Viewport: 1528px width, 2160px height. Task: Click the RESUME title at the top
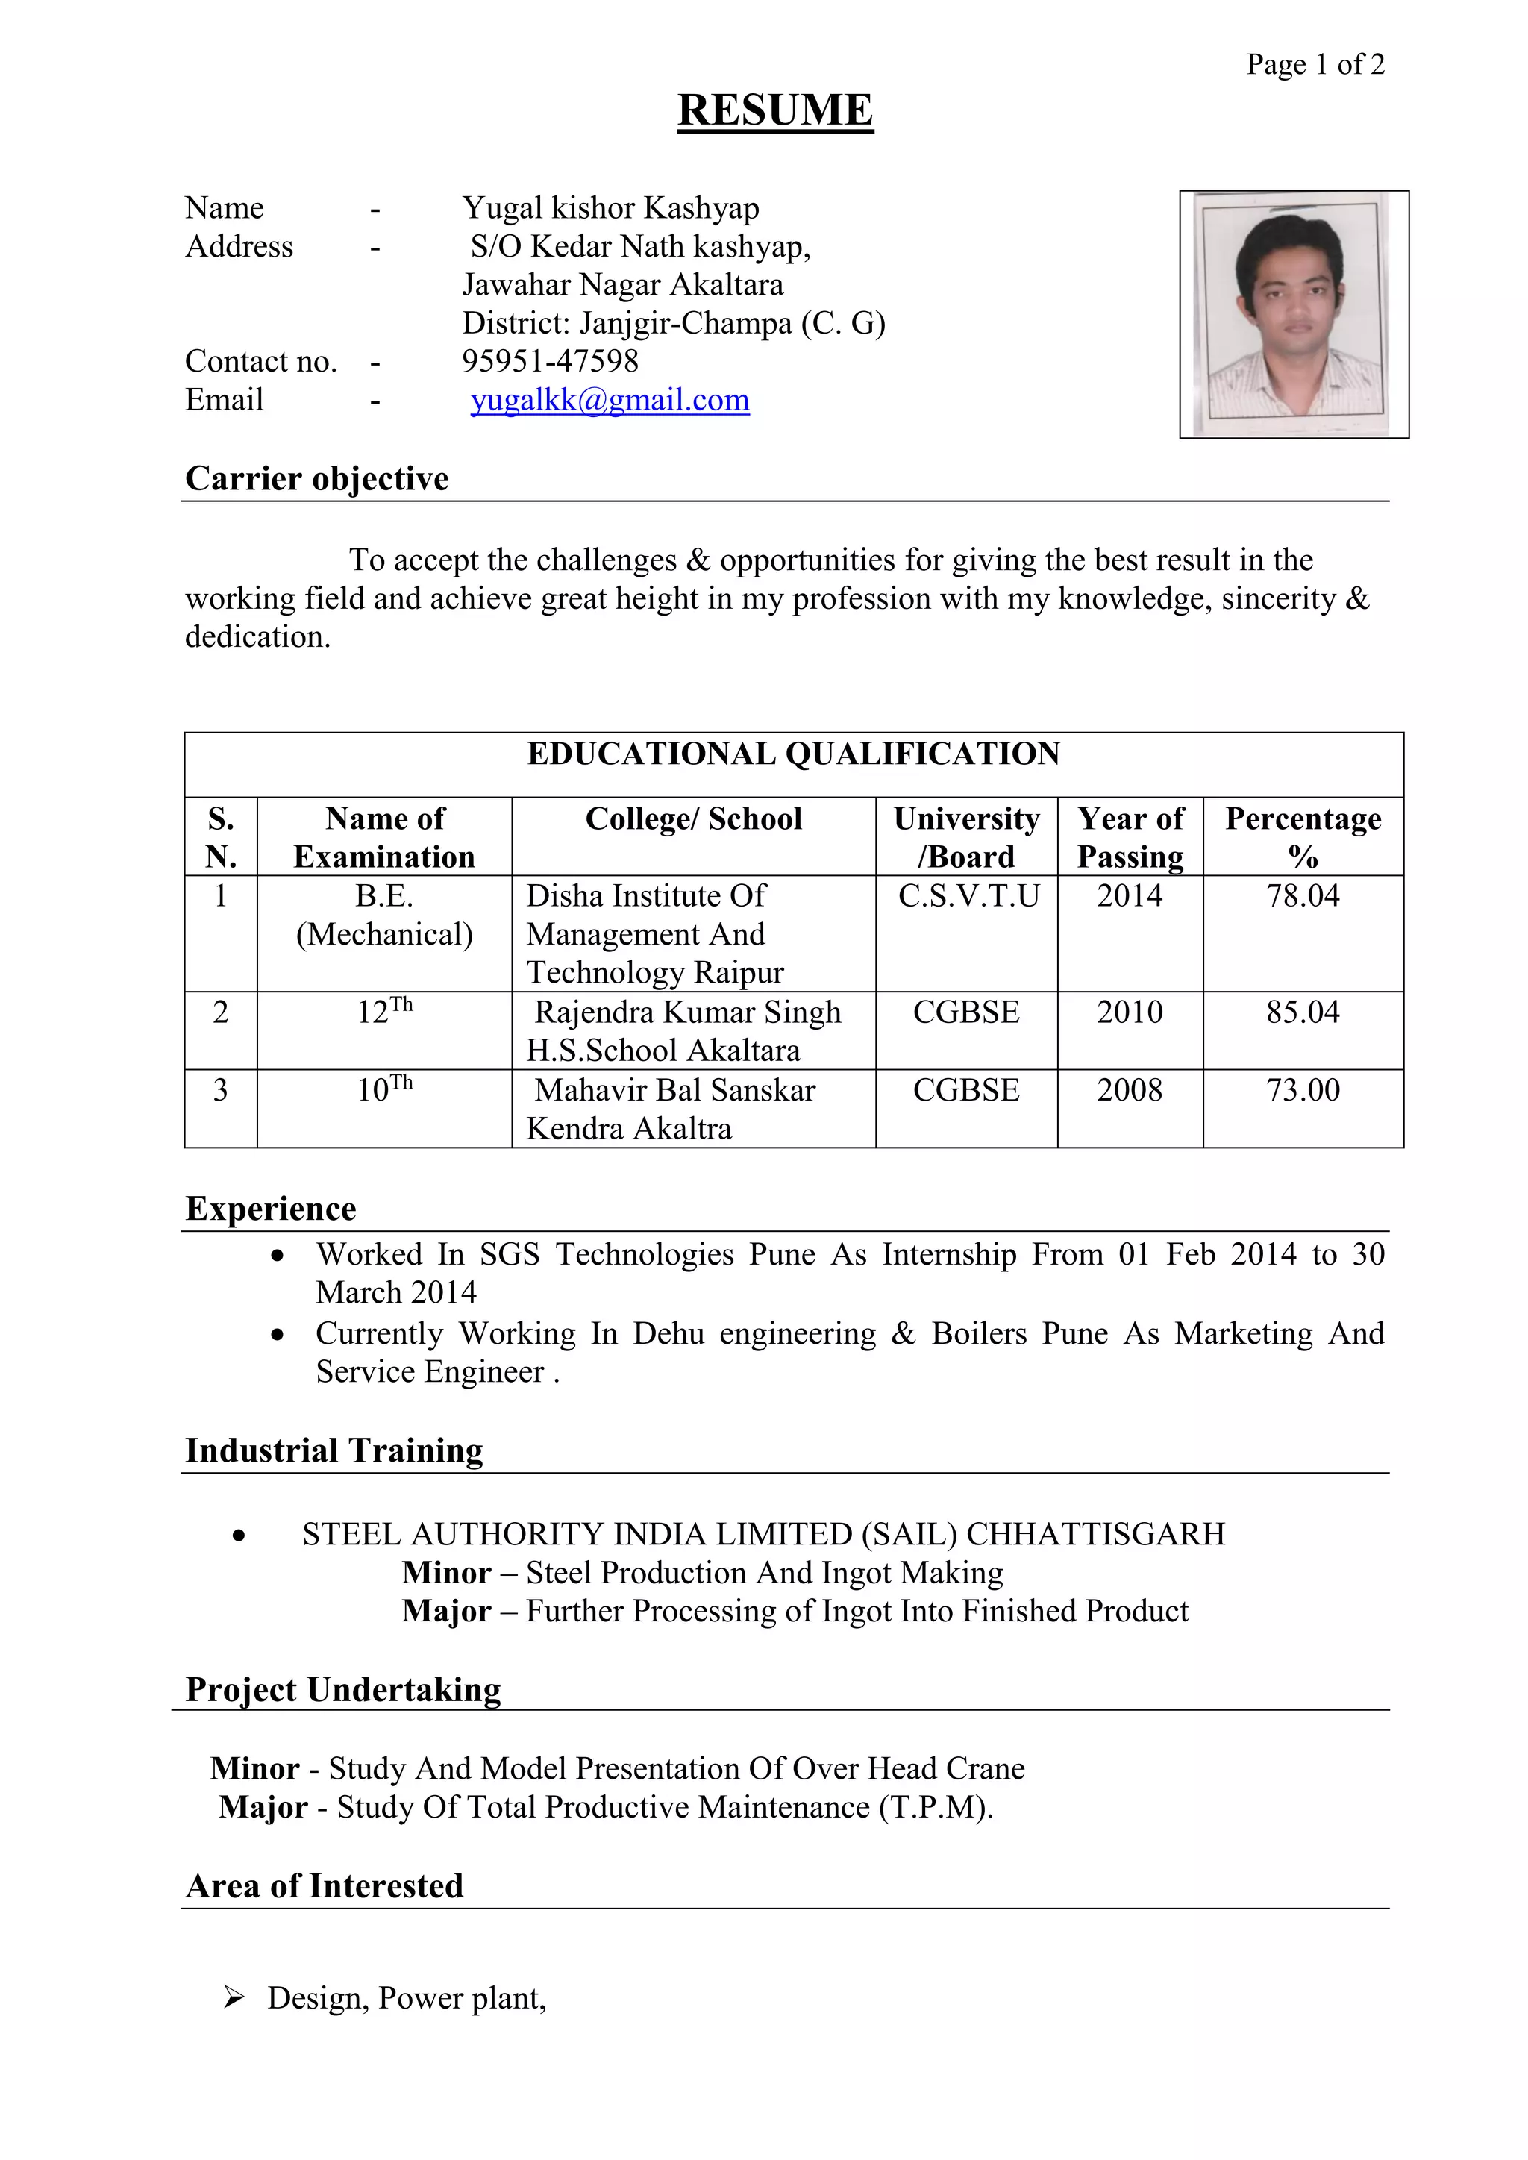pyautogui.click(x=774, y=110)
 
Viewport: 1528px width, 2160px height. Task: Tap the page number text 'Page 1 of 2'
pyautogui.click(x=1315, y=64)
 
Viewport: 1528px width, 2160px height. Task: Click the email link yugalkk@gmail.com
pyautogui.click(x=610, y=400)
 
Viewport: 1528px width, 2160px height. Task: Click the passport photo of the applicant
pyautogui.click(x=1293, y=314)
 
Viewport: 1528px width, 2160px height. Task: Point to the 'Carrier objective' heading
pyautogui.click(x=316, y=478)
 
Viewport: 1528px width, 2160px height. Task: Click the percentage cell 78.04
pyautogui.click(x=1302, y=895)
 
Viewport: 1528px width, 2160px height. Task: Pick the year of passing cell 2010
pyautogui.click(x=1129, y=1012)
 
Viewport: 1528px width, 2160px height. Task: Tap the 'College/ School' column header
pyautogui.click(x=693, y=818)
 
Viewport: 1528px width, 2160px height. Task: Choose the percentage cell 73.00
pyautogui.click(x=1302, y=1090)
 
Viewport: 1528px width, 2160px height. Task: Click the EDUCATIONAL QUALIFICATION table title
pyautogui.click(x=793, y=754)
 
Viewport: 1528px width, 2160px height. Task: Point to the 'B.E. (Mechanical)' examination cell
pyautogui.click(x=384, y=915)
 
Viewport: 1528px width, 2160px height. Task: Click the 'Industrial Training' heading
pyautogui.click(x=334, y=1450)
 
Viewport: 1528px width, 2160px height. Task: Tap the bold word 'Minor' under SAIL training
pyautogui.click(x=446, y=1573)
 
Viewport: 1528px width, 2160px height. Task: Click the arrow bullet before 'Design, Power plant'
pyautogui.click(x=234, y=1997)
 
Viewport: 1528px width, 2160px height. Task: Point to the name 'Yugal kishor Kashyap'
pyautogui.click(x=610, y=208)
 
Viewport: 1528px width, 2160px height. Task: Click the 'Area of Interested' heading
pyautogui.click(x=324, y=1885)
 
